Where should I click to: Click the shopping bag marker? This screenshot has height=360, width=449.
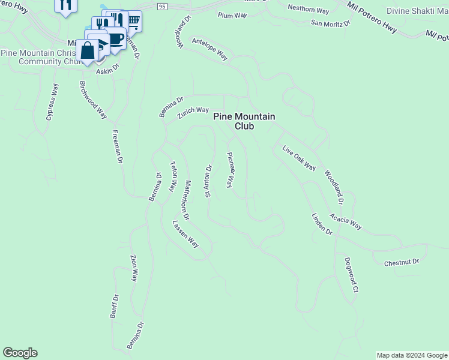(88, 51)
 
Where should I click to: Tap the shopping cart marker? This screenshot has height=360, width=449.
(133, 22)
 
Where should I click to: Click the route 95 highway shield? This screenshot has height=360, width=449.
(163, 6)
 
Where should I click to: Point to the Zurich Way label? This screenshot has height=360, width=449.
(193, 112)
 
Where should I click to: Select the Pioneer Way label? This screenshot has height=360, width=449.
(230, 170)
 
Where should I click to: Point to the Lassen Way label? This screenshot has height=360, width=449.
(185, 234)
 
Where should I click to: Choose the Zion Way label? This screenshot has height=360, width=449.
(134, 268)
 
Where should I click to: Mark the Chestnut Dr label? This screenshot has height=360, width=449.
(401, 262)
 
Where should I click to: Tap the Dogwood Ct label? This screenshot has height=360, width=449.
(351, 274)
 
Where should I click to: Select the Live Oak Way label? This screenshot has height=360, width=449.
(299, 157)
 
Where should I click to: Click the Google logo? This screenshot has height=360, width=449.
(20, 353)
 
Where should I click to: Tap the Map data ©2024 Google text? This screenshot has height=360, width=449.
(412, 355)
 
